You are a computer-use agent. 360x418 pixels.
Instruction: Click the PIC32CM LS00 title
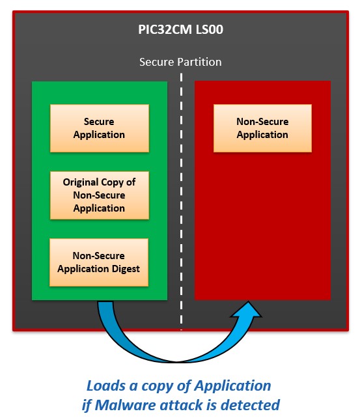click(181, 29)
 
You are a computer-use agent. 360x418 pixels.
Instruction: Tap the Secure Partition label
click(180, 62)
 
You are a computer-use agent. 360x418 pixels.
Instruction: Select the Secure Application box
click(100, 128)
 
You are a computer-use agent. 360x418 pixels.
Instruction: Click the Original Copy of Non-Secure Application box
click(100, 195)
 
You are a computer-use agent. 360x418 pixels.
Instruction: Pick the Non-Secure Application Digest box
click(99, 262)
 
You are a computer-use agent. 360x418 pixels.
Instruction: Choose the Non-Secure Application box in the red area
click(262, 128)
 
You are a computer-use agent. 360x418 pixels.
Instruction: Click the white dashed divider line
click(181, 202)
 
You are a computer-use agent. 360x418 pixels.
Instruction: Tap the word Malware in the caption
click(126, 405)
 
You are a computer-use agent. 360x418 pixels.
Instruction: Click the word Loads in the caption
click(106, 385)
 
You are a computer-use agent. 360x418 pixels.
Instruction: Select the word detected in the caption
click(250, 405)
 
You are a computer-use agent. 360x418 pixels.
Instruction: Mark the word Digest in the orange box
click(126, 269)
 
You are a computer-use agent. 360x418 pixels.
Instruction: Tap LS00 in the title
click(210, 29)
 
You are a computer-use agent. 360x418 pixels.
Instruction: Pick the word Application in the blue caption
click(232, 386)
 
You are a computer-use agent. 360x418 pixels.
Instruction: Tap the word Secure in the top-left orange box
click(99, 122)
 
